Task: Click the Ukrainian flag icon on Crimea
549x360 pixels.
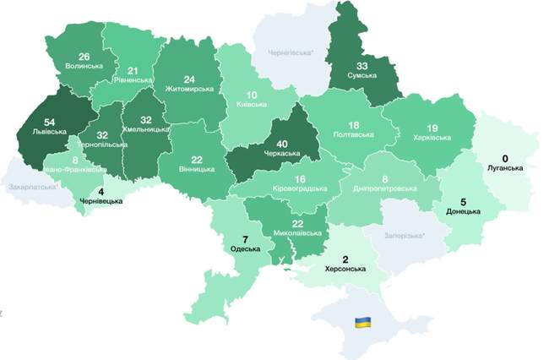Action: (361, 323)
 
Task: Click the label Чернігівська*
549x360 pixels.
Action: (291, 52)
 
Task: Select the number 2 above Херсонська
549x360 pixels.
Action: (345, 259)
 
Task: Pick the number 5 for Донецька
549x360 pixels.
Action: (463, 202)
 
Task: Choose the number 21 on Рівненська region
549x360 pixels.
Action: (133, 70)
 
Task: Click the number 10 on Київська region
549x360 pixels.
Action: (250, 95)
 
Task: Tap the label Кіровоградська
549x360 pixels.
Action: (301, 190)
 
